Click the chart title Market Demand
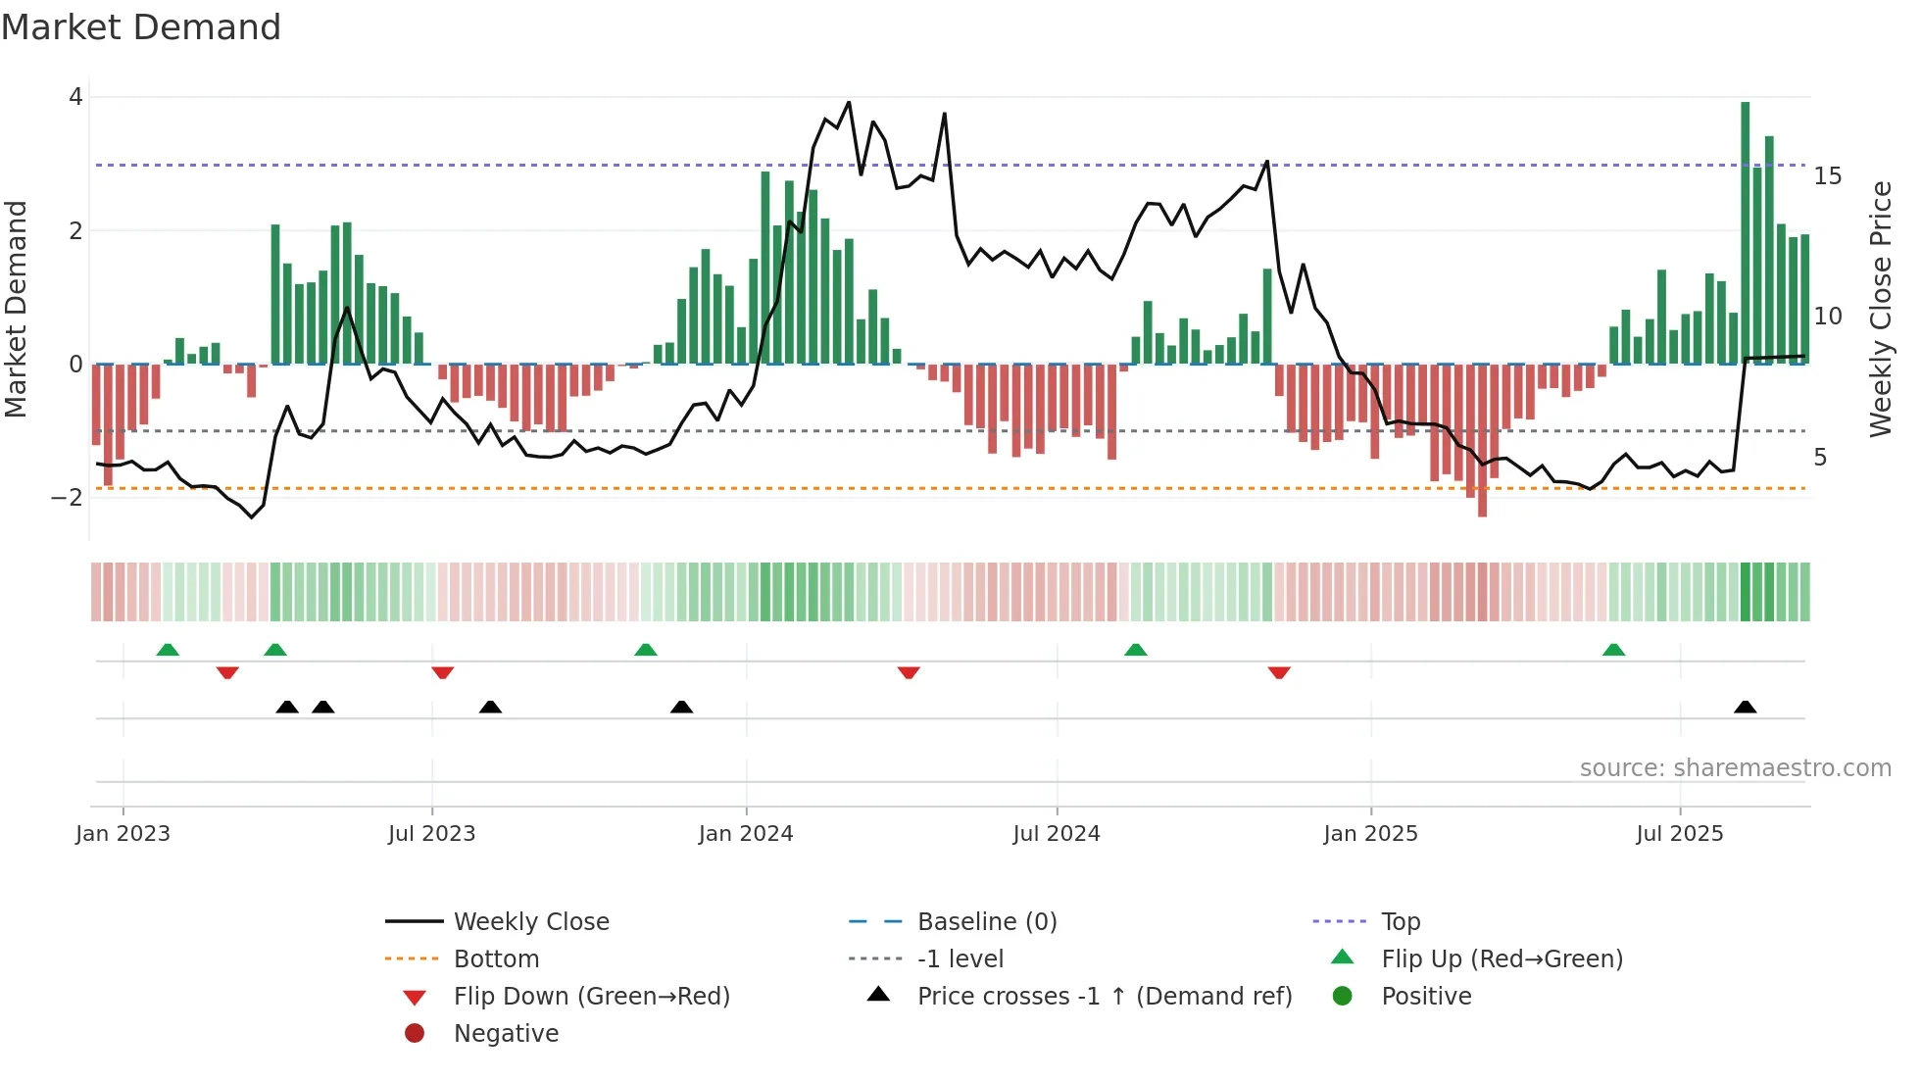(x=141, y=27)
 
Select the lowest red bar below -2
(x=1482, y=440)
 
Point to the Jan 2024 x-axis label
(x=746, y=834)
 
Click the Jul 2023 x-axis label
(x=431, y=834)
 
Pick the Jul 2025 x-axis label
(x=1679, y=834)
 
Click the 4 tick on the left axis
(x=75, y=97)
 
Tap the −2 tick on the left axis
(x=67, y=498)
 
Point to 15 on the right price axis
(x=1827, y=176)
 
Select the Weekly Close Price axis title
(x=1880, y=309)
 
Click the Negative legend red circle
(x=415, y=1034)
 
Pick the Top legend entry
(x=1400, y=922)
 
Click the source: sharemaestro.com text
(x=1735, y=768)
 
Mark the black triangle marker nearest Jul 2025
(x=1745, y=707)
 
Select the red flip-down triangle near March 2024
(x=909, y=672)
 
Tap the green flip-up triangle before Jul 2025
(x=1613, y=650)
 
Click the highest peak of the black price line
(x=849, y=102)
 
